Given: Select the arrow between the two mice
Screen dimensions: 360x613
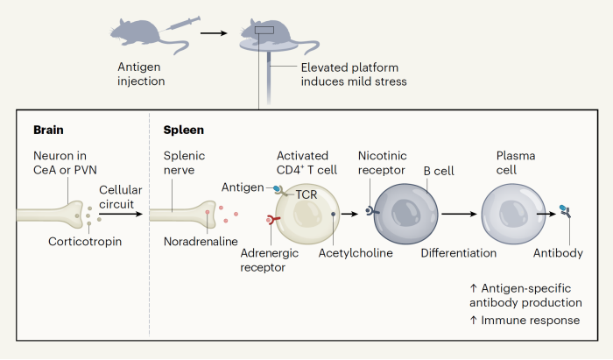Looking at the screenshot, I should [x=212, y=35].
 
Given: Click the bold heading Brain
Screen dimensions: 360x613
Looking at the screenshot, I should [x=49, y=130].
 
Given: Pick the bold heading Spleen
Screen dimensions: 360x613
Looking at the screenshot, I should [x=184, y=130].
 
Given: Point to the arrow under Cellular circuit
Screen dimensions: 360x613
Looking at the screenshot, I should [x=122, y=213].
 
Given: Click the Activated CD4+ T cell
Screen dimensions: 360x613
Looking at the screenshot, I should [x=306, y=215].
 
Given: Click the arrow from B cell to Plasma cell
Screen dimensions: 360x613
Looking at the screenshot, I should [x=461, y=213].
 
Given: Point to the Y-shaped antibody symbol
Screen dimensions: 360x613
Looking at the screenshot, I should [x=567, y=212].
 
